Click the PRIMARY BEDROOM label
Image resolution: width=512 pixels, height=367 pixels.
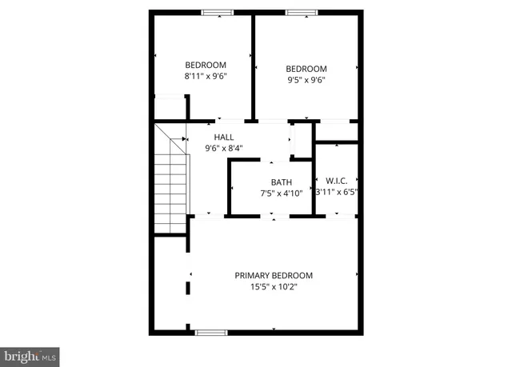click(x=274, y=275)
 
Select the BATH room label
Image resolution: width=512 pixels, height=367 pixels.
click(x=282, y=182)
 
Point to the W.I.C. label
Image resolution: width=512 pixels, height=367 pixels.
click(x=336, y=181)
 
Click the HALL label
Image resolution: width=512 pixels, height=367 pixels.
click(x=223, y=137)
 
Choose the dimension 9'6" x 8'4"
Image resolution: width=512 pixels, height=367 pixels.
click(x=223, y=148)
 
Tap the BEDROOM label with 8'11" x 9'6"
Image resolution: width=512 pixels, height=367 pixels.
click(x=206, y=65)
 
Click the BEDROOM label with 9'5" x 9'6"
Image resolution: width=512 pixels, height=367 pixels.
click(x=306, y=68)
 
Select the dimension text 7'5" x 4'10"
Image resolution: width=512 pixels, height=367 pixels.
click(x=282, y=193)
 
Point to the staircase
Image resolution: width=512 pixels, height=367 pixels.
click(x=170, y=180)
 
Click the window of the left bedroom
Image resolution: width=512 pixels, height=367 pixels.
click(x=217, y=12)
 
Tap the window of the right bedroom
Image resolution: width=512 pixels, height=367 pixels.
click(x=302, y=12)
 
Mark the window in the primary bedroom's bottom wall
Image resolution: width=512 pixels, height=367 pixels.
click(x=211, y=331)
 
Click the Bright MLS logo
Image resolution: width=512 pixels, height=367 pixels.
click(x=30, y=353)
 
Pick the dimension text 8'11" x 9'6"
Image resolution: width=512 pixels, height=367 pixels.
click(x=206, y=76)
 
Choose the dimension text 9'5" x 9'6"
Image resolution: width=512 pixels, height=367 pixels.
click(x=306, y=79)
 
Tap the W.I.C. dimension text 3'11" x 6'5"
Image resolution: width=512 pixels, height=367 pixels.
click(x=336, y=192)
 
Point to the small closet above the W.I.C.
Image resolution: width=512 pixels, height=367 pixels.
click(x=336, y=132)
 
